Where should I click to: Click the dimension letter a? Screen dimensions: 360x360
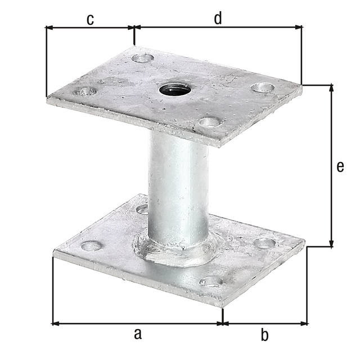click(137, 334)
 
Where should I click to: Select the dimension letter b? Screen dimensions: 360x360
click(264, 336)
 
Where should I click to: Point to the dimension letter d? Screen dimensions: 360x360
click(218, 18)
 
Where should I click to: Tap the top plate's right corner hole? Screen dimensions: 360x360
click(262, 87)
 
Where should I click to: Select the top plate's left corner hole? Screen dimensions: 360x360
click(85, 91)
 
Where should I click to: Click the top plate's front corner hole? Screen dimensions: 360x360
click(209, 121)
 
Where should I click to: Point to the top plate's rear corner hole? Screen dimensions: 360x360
click(142, 57)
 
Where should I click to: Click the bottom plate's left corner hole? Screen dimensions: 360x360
click(91, 246)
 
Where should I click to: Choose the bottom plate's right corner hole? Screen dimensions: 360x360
click(264, 243)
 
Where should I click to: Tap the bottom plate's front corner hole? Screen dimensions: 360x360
click(210, 281)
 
